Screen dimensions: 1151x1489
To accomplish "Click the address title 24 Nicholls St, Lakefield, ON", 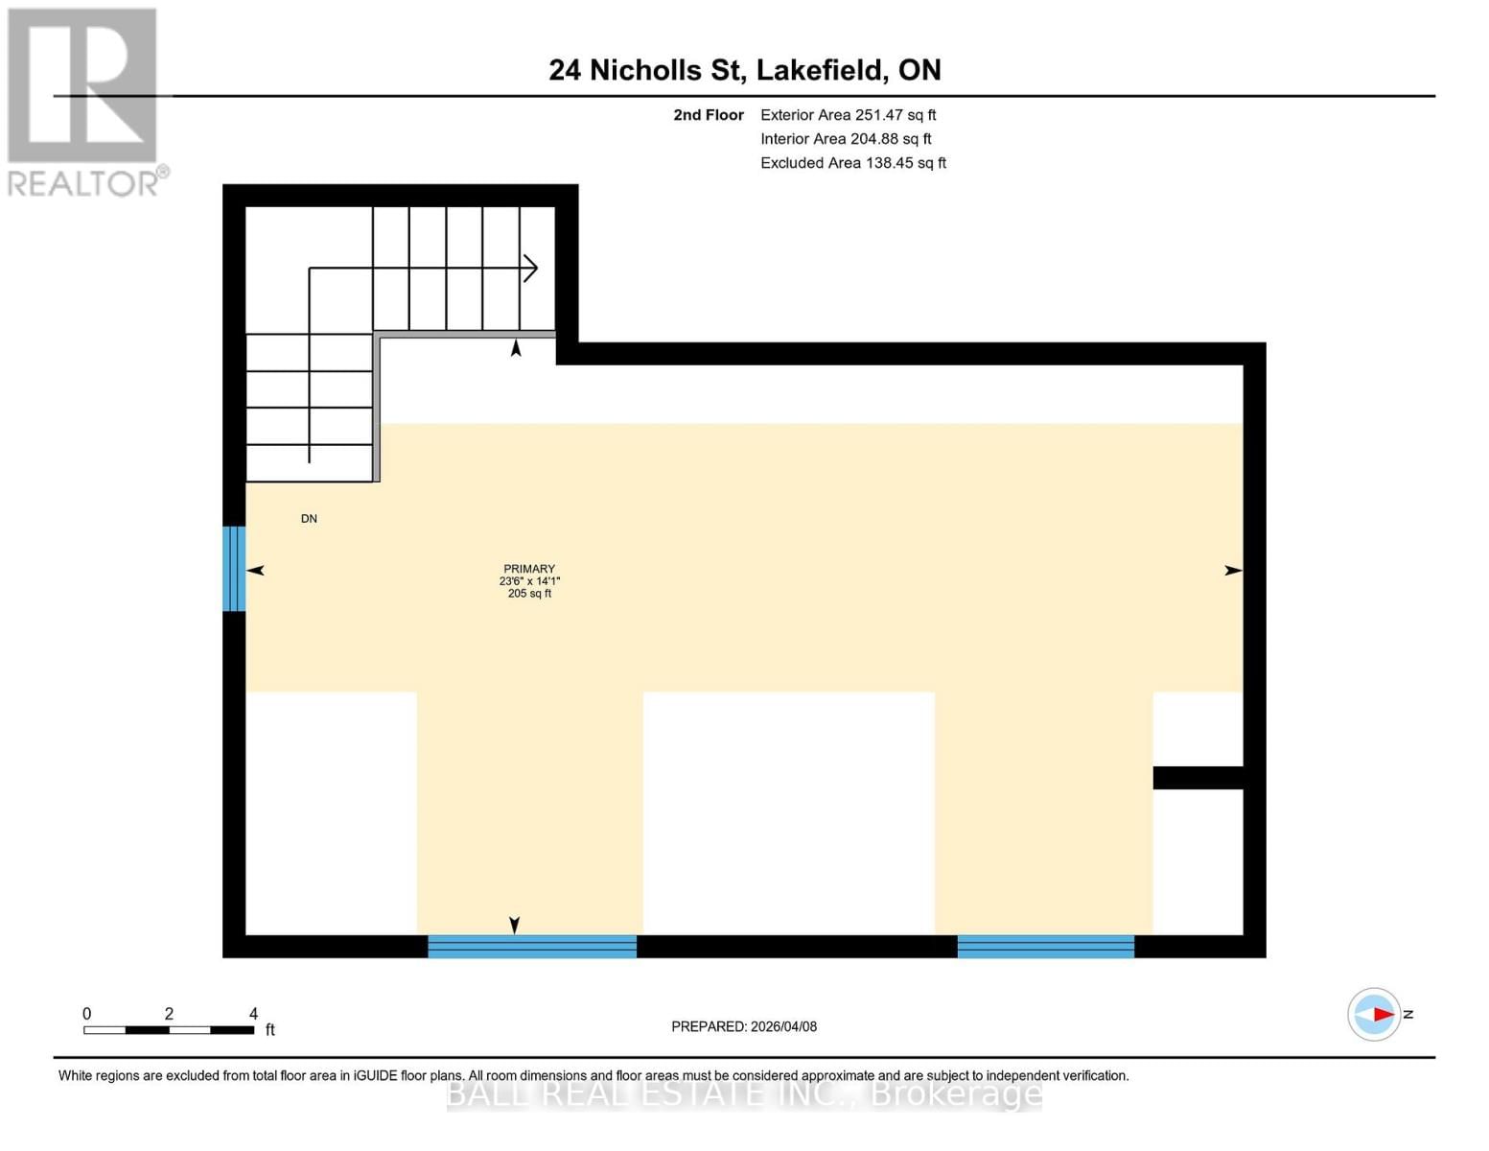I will point(744,70).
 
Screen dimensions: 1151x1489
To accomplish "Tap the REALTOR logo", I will point(84,102).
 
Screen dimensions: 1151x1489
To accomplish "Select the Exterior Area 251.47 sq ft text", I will point(848,115).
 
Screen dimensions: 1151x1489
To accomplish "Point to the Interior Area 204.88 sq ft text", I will point(846,139).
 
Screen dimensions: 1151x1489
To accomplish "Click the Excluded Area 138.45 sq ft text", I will point(852,163).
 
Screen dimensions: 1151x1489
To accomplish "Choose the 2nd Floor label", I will point(708,115).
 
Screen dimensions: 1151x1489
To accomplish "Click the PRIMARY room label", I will point(529,569).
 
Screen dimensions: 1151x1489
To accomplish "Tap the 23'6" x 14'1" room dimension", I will point(529,581).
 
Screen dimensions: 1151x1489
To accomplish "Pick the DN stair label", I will point(309,519).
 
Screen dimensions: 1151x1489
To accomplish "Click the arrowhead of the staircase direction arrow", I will point(530,269).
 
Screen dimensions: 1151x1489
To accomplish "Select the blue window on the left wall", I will point(234,569).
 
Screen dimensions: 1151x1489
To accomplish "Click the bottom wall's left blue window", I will point(531,947).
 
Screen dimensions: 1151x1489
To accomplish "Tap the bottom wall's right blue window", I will point(1045,947).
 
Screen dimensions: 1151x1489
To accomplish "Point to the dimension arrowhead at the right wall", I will point(1234,571).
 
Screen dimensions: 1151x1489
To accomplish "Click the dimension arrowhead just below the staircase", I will point(516,348).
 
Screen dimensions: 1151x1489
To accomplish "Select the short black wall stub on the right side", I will point(1198,778).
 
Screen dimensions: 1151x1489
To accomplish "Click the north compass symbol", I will point(1375,1014).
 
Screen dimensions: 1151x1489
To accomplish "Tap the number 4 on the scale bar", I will point(253,1014).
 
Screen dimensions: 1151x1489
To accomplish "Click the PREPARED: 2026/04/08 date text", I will point(744,1026).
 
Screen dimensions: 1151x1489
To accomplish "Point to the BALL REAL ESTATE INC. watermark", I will point(744,1093).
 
